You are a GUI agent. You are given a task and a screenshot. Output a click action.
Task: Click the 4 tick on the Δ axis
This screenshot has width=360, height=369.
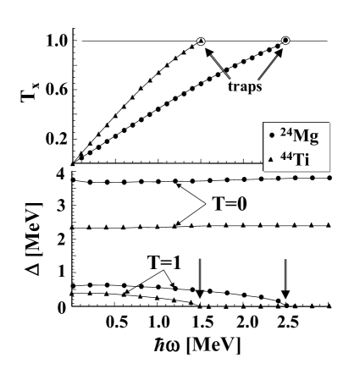(x=61, y=174)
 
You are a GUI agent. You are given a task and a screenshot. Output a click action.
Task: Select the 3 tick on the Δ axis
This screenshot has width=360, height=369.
(x=61, y=207)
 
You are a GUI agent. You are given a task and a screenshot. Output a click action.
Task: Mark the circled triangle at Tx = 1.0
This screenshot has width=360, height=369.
(x=201, y=41)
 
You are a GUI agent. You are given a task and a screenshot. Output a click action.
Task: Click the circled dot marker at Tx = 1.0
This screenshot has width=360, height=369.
(x=286, y=41)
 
